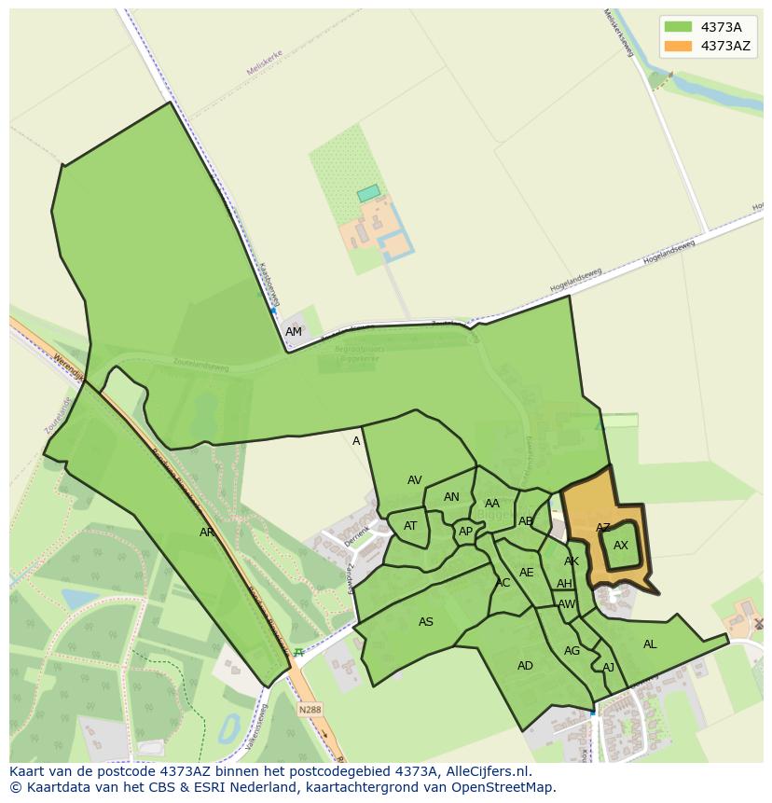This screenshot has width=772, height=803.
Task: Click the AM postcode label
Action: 294,332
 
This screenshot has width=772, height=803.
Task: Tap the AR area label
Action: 207,533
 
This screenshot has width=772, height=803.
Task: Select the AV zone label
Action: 415,480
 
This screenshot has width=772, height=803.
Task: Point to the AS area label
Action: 426,622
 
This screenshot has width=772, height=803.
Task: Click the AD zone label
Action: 525,666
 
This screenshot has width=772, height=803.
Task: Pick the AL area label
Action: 650,644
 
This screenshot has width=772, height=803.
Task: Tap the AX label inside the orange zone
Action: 621,546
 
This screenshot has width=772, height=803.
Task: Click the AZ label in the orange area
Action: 603,528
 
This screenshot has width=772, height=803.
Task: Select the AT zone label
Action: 410,526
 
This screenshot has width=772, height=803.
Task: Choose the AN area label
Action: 451,497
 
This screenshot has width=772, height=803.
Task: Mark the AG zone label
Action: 572,651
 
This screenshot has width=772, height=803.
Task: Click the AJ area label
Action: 608,668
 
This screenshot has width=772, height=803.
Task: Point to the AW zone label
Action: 566,604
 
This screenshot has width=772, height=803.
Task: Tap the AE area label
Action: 527,573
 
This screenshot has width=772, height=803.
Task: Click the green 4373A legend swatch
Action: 678,27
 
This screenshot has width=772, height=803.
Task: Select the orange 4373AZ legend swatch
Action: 678,46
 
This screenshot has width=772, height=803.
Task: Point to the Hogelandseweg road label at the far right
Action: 669,253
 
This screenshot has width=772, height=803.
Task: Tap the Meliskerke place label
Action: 264,62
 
